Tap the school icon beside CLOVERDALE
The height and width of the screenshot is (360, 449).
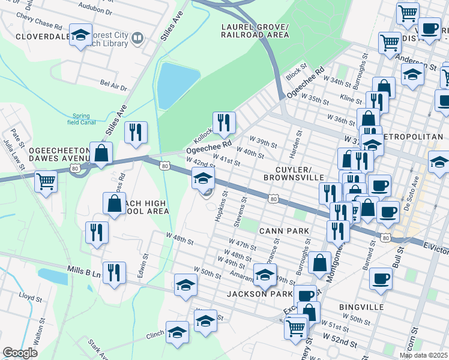(x=80, y=35)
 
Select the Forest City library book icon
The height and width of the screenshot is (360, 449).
(x=137, y=39)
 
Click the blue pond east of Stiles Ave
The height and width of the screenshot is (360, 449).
(x=177, y=86)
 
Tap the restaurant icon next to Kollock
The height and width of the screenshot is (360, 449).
(x=224, y=122)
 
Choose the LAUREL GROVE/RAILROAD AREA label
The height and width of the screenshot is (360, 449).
(x=255, y=31)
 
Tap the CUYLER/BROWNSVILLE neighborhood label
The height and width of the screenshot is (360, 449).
(x=294, y=173)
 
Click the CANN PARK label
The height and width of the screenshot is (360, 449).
(x=284, y=230)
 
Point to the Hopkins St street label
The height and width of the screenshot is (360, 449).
(x=220, y=206)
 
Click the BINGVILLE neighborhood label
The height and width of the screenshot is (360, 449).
(x=361, y=307)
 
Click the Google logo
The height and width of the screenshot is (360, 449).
(x=20, y=353)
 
